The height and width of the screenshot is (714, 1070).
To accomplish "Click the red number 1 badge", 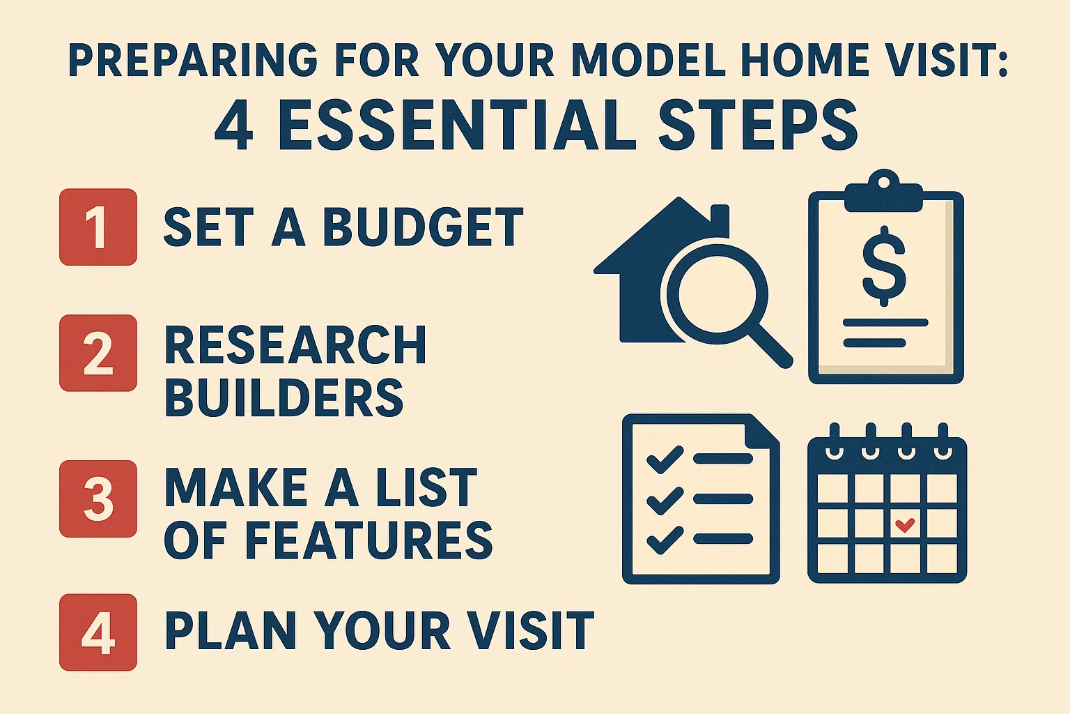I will (x=98, y=227).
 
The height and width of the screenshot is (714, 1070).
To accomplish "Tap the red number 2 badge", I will (x=98, y=353).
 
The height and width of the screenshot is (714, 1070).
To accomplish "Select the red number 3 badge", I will (x=98, y=499).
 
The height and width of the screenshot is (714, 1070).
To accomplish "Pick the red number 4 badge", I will (x=98, y=632).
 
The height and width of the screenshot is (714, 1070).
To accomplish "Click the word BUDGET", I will (x=423, y=227).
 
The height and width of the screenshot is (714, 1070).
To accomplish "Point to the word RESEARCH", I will (x=295, y=345).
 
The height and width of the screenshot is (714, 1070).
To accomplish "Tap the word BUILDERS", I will (x=284, y=397).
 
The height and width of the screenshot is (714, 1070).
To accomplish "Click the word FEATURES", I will (x=369, y=540).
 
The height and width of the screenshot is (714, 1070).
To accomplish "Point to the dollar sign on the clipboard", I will (x=885, y=266).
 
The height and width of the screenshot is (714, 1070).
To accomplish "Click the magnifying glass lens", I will (x=718, y=292).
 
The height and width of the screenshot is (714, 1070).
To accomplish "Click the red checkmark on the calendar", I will (x=905, y=524).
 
